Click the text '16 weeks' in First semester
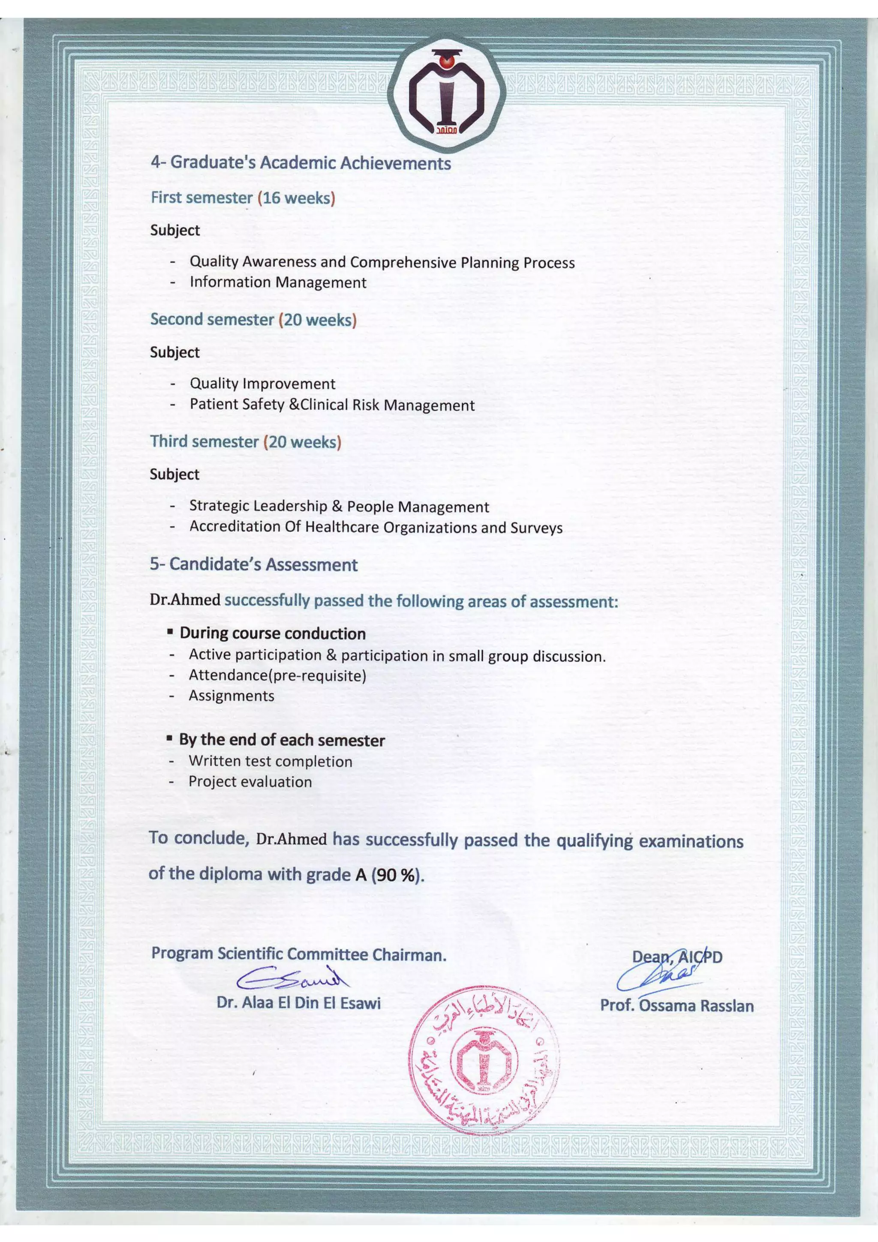click(x=296, y=198)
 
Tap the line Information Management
click(x=277, y=282)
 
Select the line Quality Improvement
click(x=262, y=384)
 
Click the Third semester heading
click(x=204, y=441)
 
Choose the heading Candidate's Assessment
click(x=253, y=564)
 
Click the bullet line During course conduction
click(x=272, y=633)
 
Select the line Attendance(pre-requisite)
click(x=277, y=675)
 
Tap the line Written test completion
click(x=270, y=761)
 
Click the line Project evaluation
click(x=250, y=782)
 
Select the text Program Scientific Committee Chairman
click(x=299, y=954)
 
